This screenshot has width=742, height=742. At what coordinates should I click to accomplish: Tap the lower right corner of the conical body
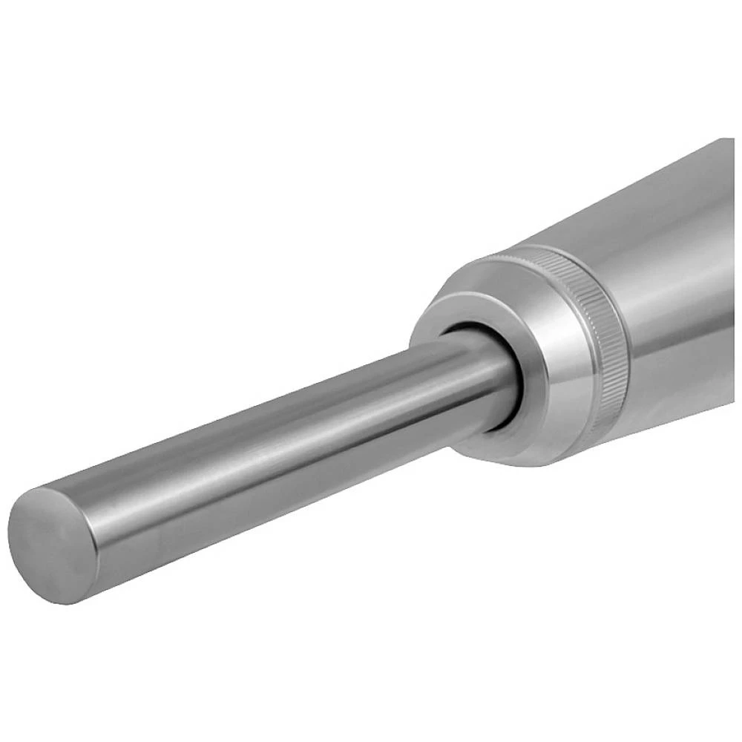click(731, 393)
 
